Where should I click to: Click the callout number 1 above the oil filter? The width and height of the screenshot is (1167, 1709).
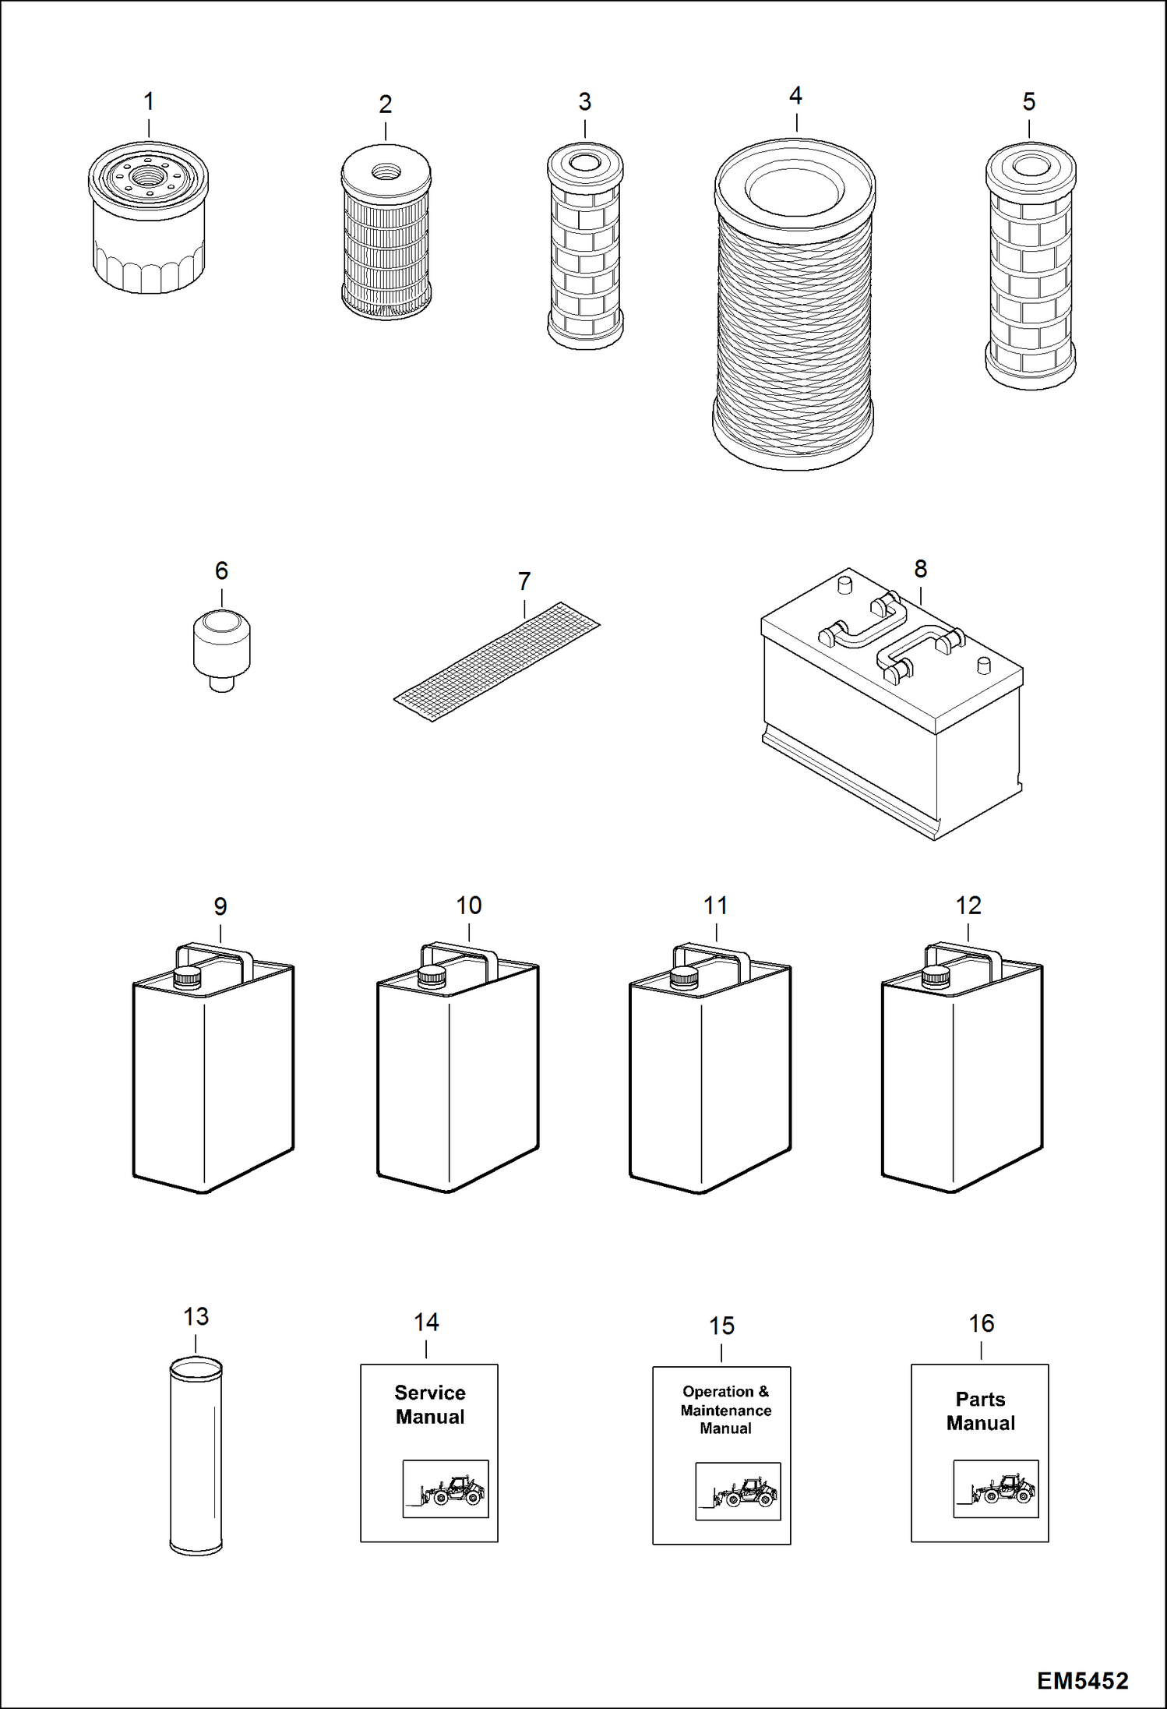pyautogui.click(x=149, y=101)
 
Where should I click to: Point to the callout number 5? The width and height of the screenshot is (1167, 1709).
pyautogui.click(x=1028, y=101)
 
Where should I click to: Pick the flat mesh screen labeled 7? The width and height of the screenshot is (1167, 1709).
pyautogui.click(x=497, y=661)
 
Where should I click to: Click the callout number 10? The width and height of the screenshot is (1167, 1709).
pyautogui.click(x=468, y=906)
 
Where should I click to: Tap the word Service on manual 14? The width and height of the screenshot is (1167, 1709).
pyautogui.click(x=429, y=1393)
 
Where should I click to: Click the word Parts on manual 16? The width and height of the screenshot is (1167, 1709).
pyautogui.click(x=980, y=1399)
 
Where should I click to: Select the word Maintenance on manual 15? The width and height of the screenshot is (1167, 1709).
pyautogui.click(x=725, y=1410)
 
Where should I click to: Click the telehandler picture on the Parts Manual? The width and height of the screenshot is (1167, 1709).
pyautogui.click(x=996, y=1488)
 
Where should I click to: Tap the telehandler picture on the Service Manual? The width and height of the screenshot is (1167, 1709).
pyautogui.click(x=445, y=1488)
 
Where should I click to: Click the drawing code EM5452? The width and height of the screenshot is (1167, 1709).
pyautogui.click(x=1082, y=1680)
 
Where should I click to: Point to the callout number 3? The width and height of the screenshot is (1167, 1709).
pyautogui.click(x=584, y=101)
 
